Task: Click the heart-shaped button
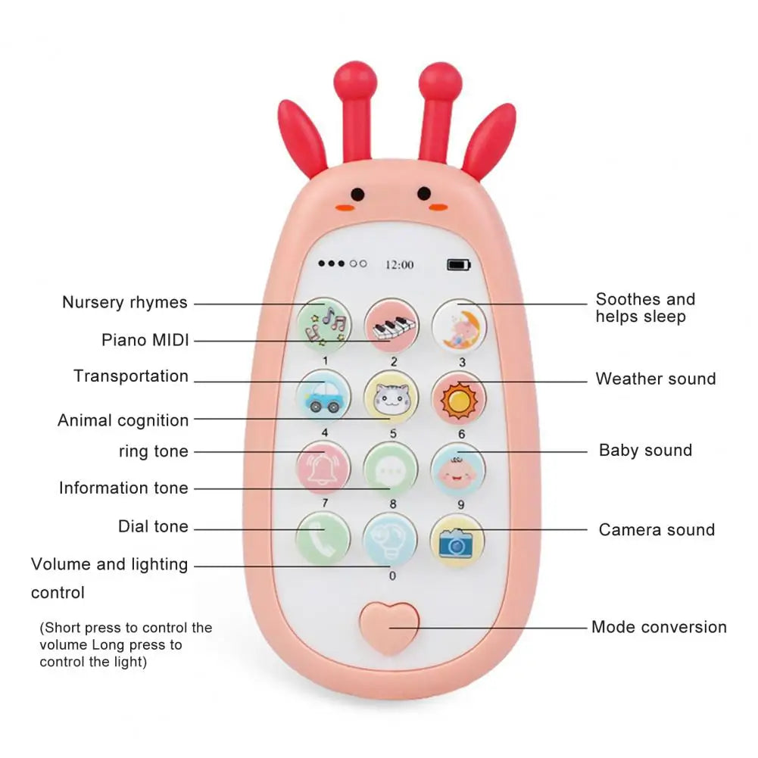click(x=390, y=627)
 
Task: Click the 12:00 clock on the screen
click(x=399, y=264)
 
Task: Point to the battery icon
click(x=458, y=264)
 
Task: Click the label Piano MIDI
click(x=145, y=340)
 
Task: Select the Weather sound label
click(x=655, y=379)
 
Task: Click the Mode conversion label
click(x=659, y=627)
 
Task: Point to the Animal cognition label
click(x=123, y=420)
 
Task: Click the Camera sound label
click(x=657, y=530)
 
